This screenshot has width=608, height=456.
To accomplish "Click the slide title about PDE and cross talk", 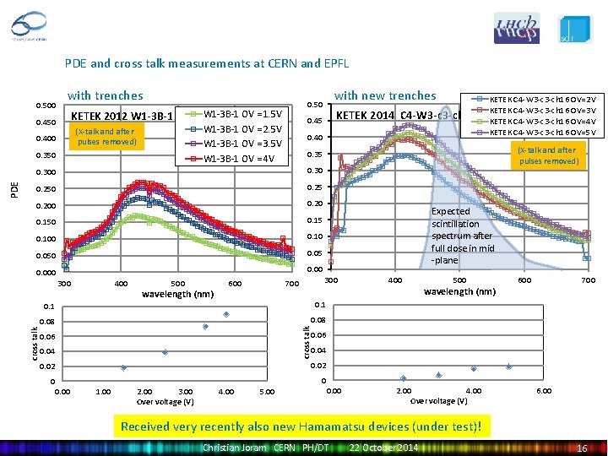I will (207, 63).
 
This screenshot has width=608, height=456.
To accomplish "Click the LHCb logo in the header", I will (516, 28).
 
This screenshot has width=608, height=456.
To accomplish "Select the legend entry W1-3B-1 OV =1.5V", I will (245, 114).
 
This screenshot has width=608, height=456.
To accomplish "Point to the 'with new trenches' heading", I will (385, 95).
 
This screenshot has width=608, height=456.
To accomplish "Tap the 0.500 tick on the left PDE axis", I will (46, 106).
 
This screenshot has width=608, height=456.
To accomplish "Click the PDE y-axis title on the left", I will (13, 187).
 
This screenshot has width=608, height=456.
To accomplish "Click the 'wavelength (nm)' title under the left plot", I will (177, 295).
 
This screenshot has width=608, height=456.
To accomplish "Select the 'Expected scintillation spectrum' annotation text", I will (462, 236).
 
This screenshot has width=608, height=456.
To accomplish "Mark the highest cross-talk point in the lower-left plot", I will (226, 315).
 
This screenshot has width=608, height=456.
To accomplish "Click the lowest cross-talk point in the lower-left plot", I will (123, 367).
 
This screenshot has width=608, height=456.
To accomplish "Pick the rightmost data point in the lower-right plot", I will (508, 366).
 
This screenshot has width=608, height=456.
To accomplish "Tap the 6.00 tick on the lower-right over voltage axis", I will (546, 391).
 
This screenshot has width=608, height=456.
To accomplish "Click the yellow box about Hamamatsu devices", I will (301, 426).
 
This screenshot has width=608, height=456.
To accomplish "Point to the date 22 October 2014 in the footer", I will (384, 447).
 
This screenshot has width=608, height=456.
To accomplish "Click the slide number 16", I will (581, 447).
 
